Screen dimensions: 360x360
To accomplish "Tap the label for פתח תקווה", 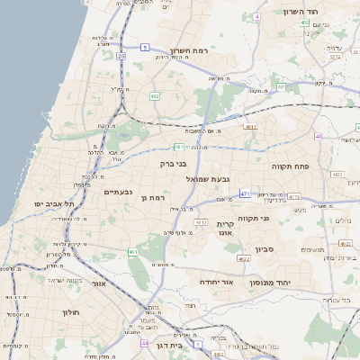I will click(x=290, y=166).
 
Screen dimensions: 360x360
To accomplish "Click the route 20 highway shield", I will click(x=121, y=56).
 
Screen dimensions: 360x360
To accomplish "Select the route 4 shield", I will click(x=256, y=17).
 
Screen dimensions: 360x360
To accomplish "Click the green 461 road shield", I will click(x=131, y=251).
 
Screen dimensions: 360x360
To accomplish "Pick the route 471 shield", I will click(x=245, y=193).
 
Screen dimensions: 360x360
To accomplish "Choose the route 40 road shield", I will click(x=319, y=137).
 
